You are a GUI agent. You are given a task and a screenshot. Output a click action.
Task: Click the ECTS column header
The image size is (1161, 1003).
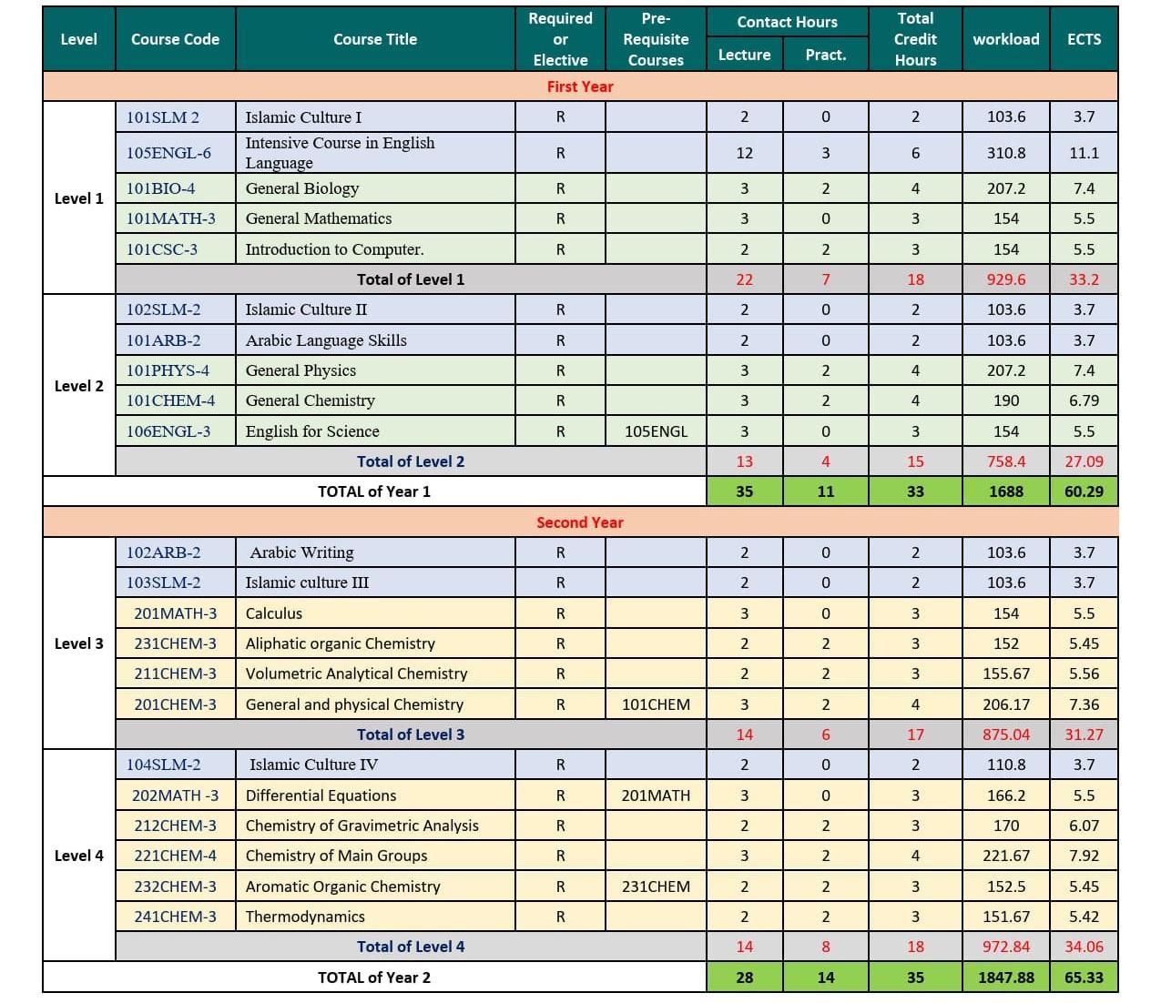click(x=1084, y=39)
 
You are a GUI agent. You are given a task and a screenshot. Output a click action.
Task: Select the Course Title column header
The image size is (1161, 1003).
click(x=375, y=39)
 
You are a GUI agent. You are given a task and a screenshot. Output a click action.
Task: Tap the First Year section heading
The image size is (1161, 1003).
click(x=580, y=86)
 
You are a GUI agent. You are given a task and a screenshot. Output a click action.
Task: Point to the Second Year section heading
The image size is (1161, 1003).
click(x=580, y=522)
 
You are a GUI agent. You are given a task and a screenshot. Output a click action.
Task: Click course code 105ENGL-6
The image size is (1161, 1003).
click(x=168, y=153)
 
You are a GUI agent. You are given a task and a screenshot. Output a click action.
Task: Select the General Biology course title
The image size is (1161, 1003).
click(x=302, y=188)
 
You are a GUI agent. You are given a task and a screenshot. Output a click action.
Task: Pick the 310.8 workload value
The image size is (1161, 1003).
click(x=1006, y=153)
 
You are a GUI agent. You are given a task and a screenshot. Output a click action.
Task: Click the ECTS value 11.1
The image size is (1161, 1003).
click(x=1084, y=153)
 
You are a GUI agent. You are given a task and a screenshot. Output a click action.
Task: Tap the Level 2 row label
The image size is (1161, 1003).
click(x=79, y=386)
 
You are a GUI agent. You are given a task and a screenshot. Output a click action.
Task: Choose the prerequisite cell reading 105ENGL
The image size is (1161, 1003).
click(x=656, y=431)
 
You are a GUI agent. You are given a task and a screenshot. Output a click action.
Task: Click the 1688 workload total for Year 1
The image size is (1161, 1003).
click(x=1006, y=491)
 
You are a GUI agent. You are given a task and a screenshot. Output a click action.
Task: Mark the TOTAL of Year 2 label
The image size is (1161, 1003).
click(x=374, y=978)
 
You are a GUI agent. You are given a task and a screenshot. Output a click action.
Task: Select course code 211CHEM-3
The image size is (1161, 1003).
click(x=176, y=674)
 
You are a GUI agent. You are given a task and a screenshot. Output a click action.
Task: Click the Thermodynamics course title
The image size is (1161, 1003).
click(x=305, y=917)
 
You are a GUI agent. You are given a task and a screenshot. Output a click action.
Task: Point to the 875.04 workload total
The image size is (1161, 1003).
click(x=1006, y=735)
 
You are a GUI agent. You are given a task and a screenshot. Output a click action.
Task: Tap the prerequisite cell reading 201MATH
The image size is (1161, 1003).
click(x=656, y=795)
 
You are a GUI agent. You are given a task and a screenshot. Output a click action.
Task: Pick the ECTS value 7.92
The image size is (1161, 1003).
click(x=1084, y=856)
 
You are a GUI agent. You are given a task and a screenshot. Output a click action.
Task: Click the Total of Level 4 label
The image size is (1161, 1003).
click(x=411, y=947)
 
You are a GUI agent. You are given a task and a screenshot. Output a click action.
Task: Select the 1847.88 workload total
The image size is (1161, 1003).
click(x=1006, y=978)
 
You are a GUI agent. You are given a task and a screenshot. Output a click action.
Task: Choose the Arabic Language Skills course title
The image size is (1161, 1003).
click(x=326, y=340)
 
